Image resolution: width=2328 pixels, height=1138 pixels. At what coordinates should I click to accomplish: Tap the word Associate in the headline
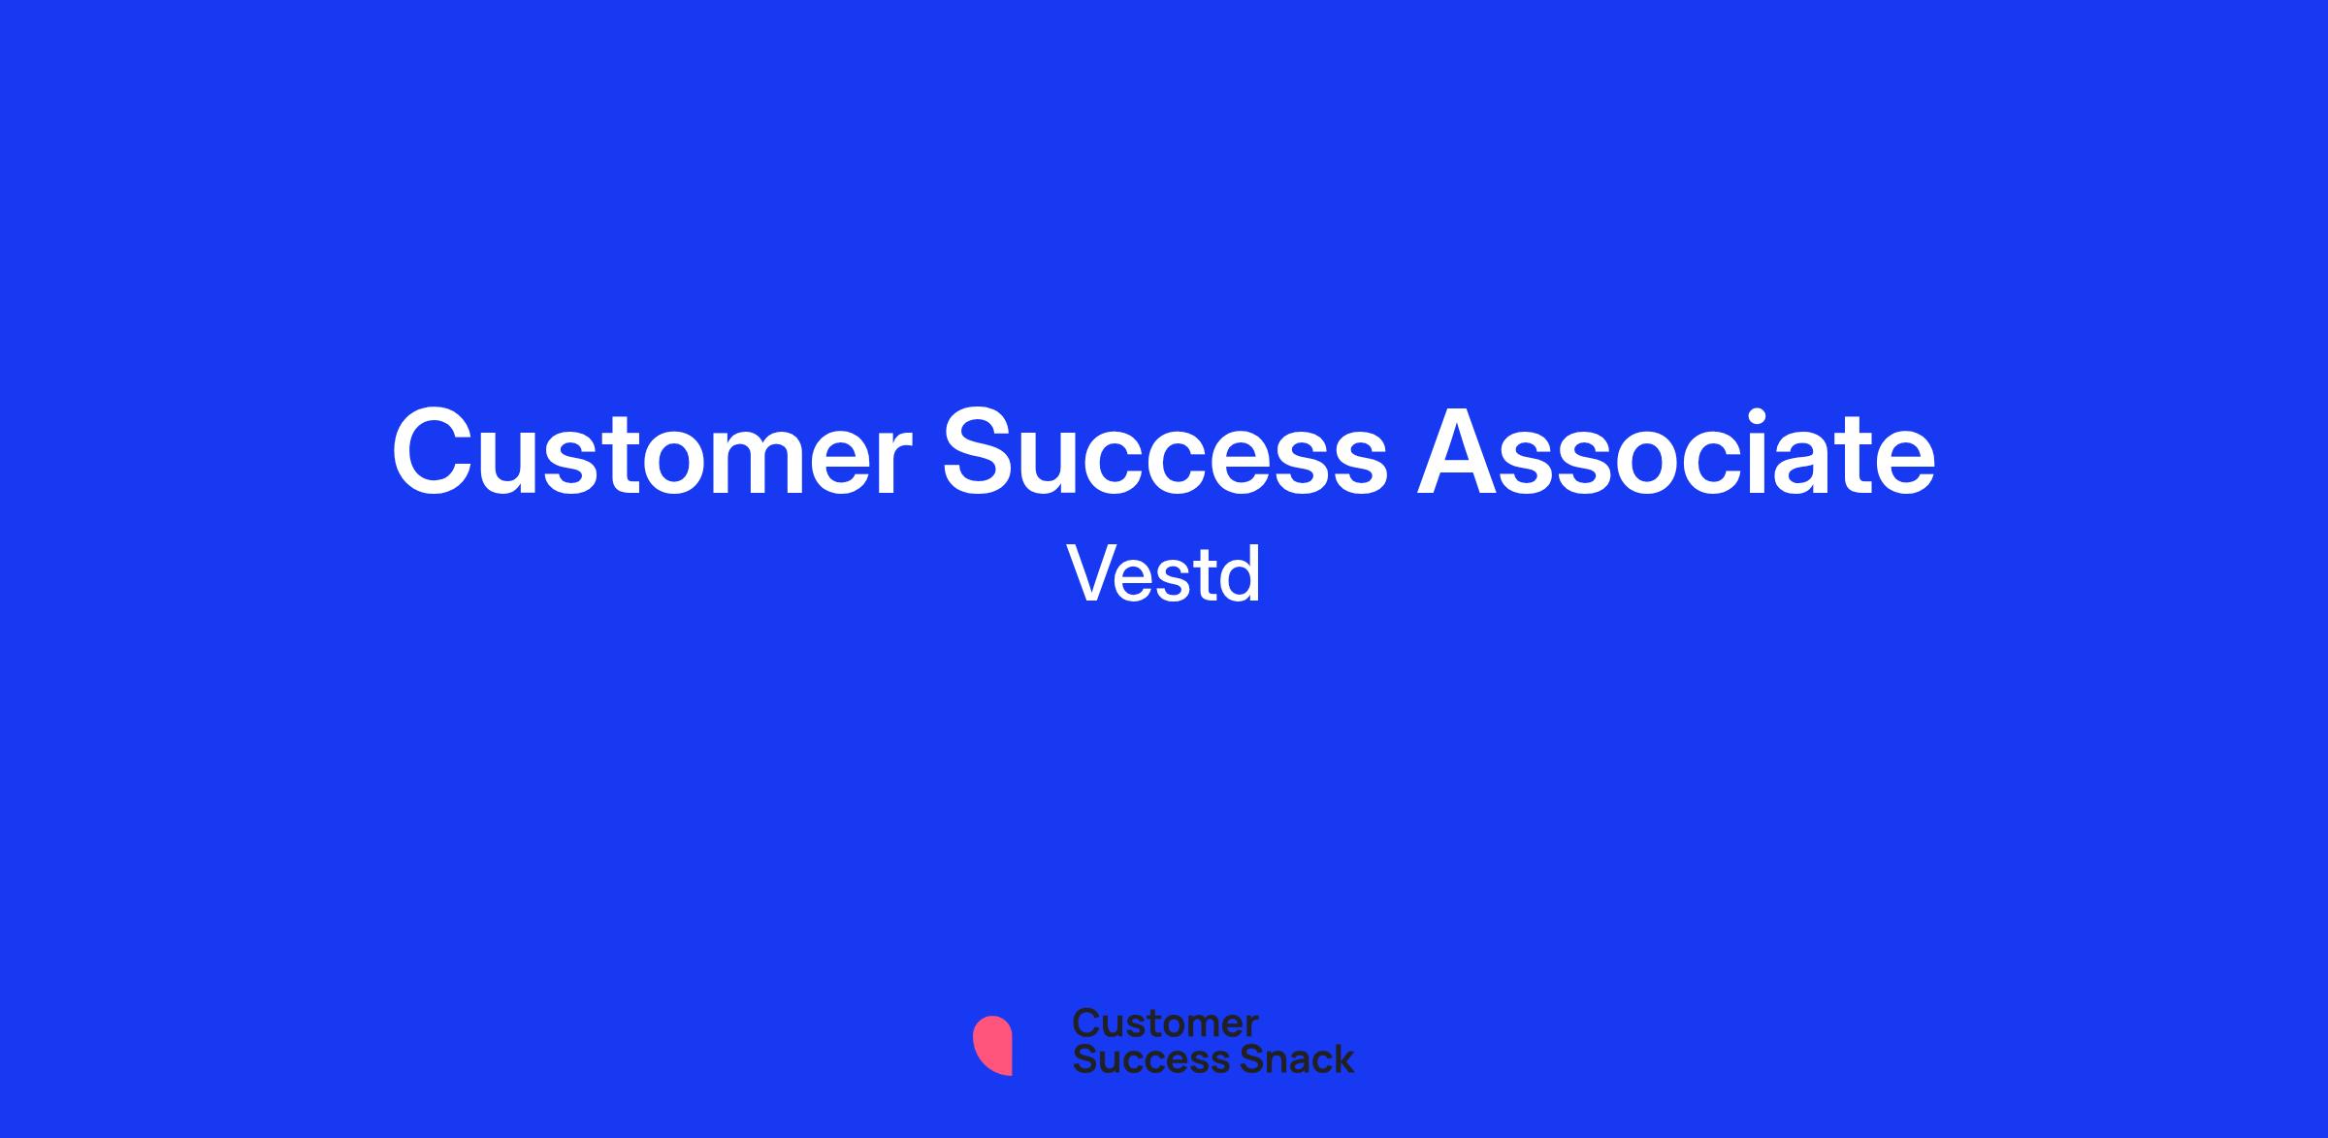tap(1677, 450)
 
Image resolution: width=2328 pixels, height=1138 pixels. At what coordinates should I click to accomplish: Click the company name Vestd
tap(1164, 573)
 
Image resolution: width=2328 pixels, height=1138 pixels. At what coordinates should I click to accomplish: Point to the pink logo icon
tap(992, 1045)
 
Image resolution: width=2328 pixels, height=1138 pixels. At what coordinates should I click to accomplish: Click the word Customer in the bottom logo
tap(1165, 1024)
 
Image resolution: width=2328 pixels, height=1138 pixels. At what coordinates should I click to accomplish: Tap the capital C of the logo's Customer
tap(1086, 1024)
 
